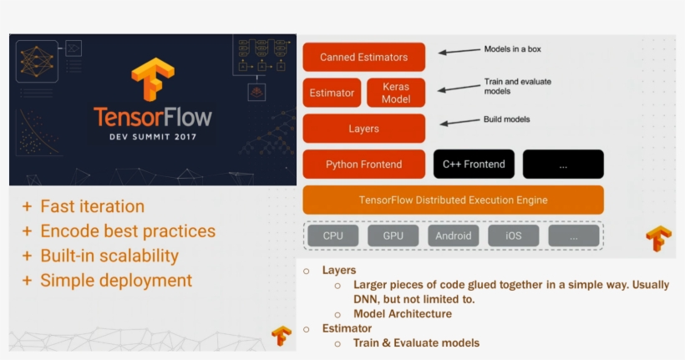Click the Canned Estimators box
click(x=363, y=58)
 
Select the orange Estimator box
click(x=332, y=93)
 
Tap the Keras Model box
click(x=396, y=93)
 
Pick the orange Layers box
click(x=363, y=129)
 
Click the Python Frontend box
click(x=363, y=165)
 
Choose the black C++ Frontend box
click(x=474, y=165)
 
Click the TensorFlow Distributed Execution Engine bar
click(x=453, y=200)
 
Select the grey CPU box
click(x=332, y=236)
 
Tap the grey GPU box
click(x=393, y=236)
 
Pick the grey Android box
click(x=454, y=236)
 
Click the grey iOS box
click(x=513, y=236)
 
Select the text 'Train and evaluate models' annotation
click(x=517, y=86)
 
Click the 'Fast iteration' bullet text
click(x=92, y=206)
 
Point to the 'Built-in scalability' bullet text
click(x=109, y=256)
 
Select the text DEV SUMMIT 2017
click(x=152, y=137)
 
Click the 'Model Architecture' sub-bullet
click(x=402, y=314)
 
